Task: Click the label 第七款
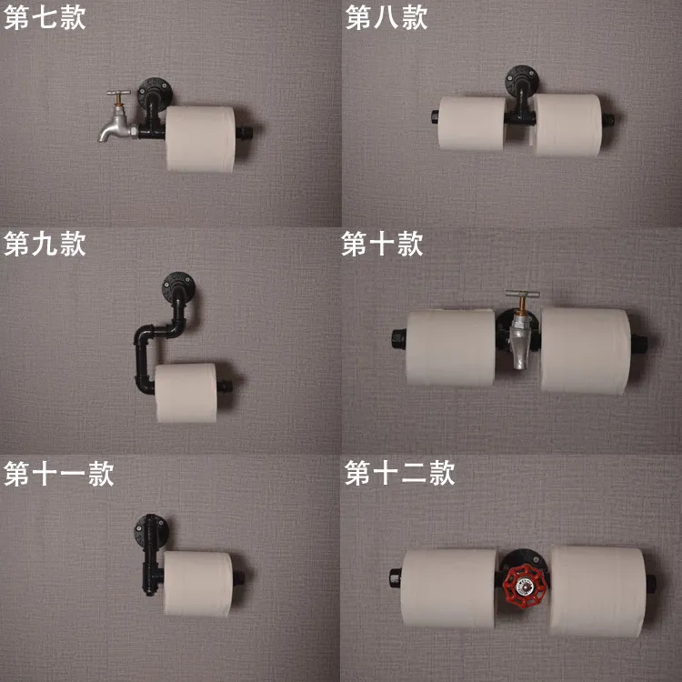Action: point(45,19)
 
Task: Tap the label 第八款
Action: point(386,18)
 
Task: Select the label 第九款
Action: point(45,244)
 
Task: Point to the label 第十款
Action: point(382,244)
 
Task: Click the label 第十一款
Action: point(59,474)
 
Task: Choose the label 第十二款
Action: point(400,473)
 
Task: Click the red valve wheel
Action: point(524,586)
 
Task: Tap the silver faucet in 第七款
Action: point(116,116)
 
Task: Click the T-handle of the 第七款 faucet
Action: point(119,93)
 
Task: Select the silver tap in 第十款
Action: point(521,331)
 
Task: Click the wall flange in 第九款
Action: point(178,286)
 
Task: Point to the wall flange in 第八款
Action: point(522,80)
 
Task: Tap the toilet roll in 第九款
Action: point(186,393)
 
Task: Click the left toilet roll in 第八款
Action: point(472,124)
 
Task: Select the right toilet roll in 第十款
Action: point(586,351)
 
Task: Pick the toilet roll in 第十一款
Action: point(198,583)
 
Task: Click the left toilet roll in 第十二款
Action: point(449,588)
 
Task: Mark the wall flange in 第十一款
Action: point(151,530)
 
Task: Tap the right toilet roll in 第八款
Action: point(567,125)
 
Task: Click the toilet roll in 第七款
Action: point(201,139)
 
